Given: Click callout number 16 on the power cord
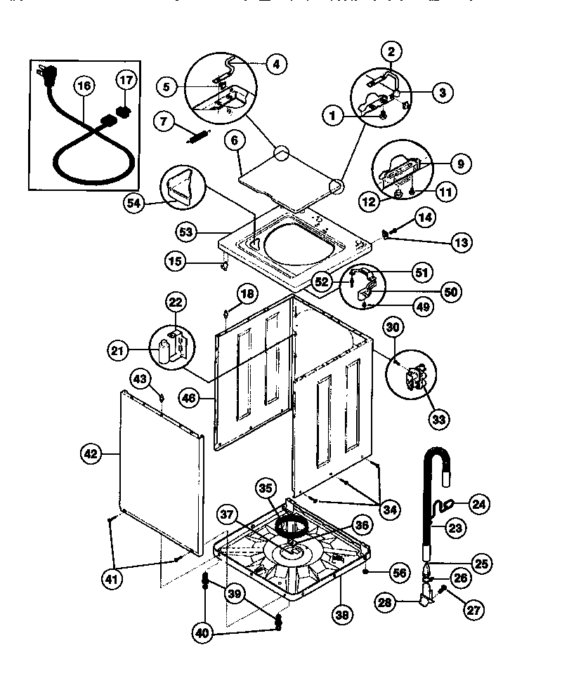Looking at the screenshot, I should point(84,86).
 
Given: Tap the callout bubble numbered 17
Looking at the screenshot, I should point(126,81).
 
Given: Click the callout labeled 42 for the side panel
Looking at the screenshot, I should point(90,454).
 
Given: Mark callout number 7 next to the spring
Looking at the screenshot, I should point(164,121).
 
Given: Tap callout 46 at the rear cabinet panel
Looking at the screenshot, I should point(188,397).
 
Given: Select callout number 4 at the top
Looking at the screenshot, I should point(275,63).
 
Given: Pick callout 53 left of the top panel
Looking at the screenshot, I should point(188,231).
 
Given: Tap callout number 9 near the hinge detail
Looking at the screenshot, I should point(460,164).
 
